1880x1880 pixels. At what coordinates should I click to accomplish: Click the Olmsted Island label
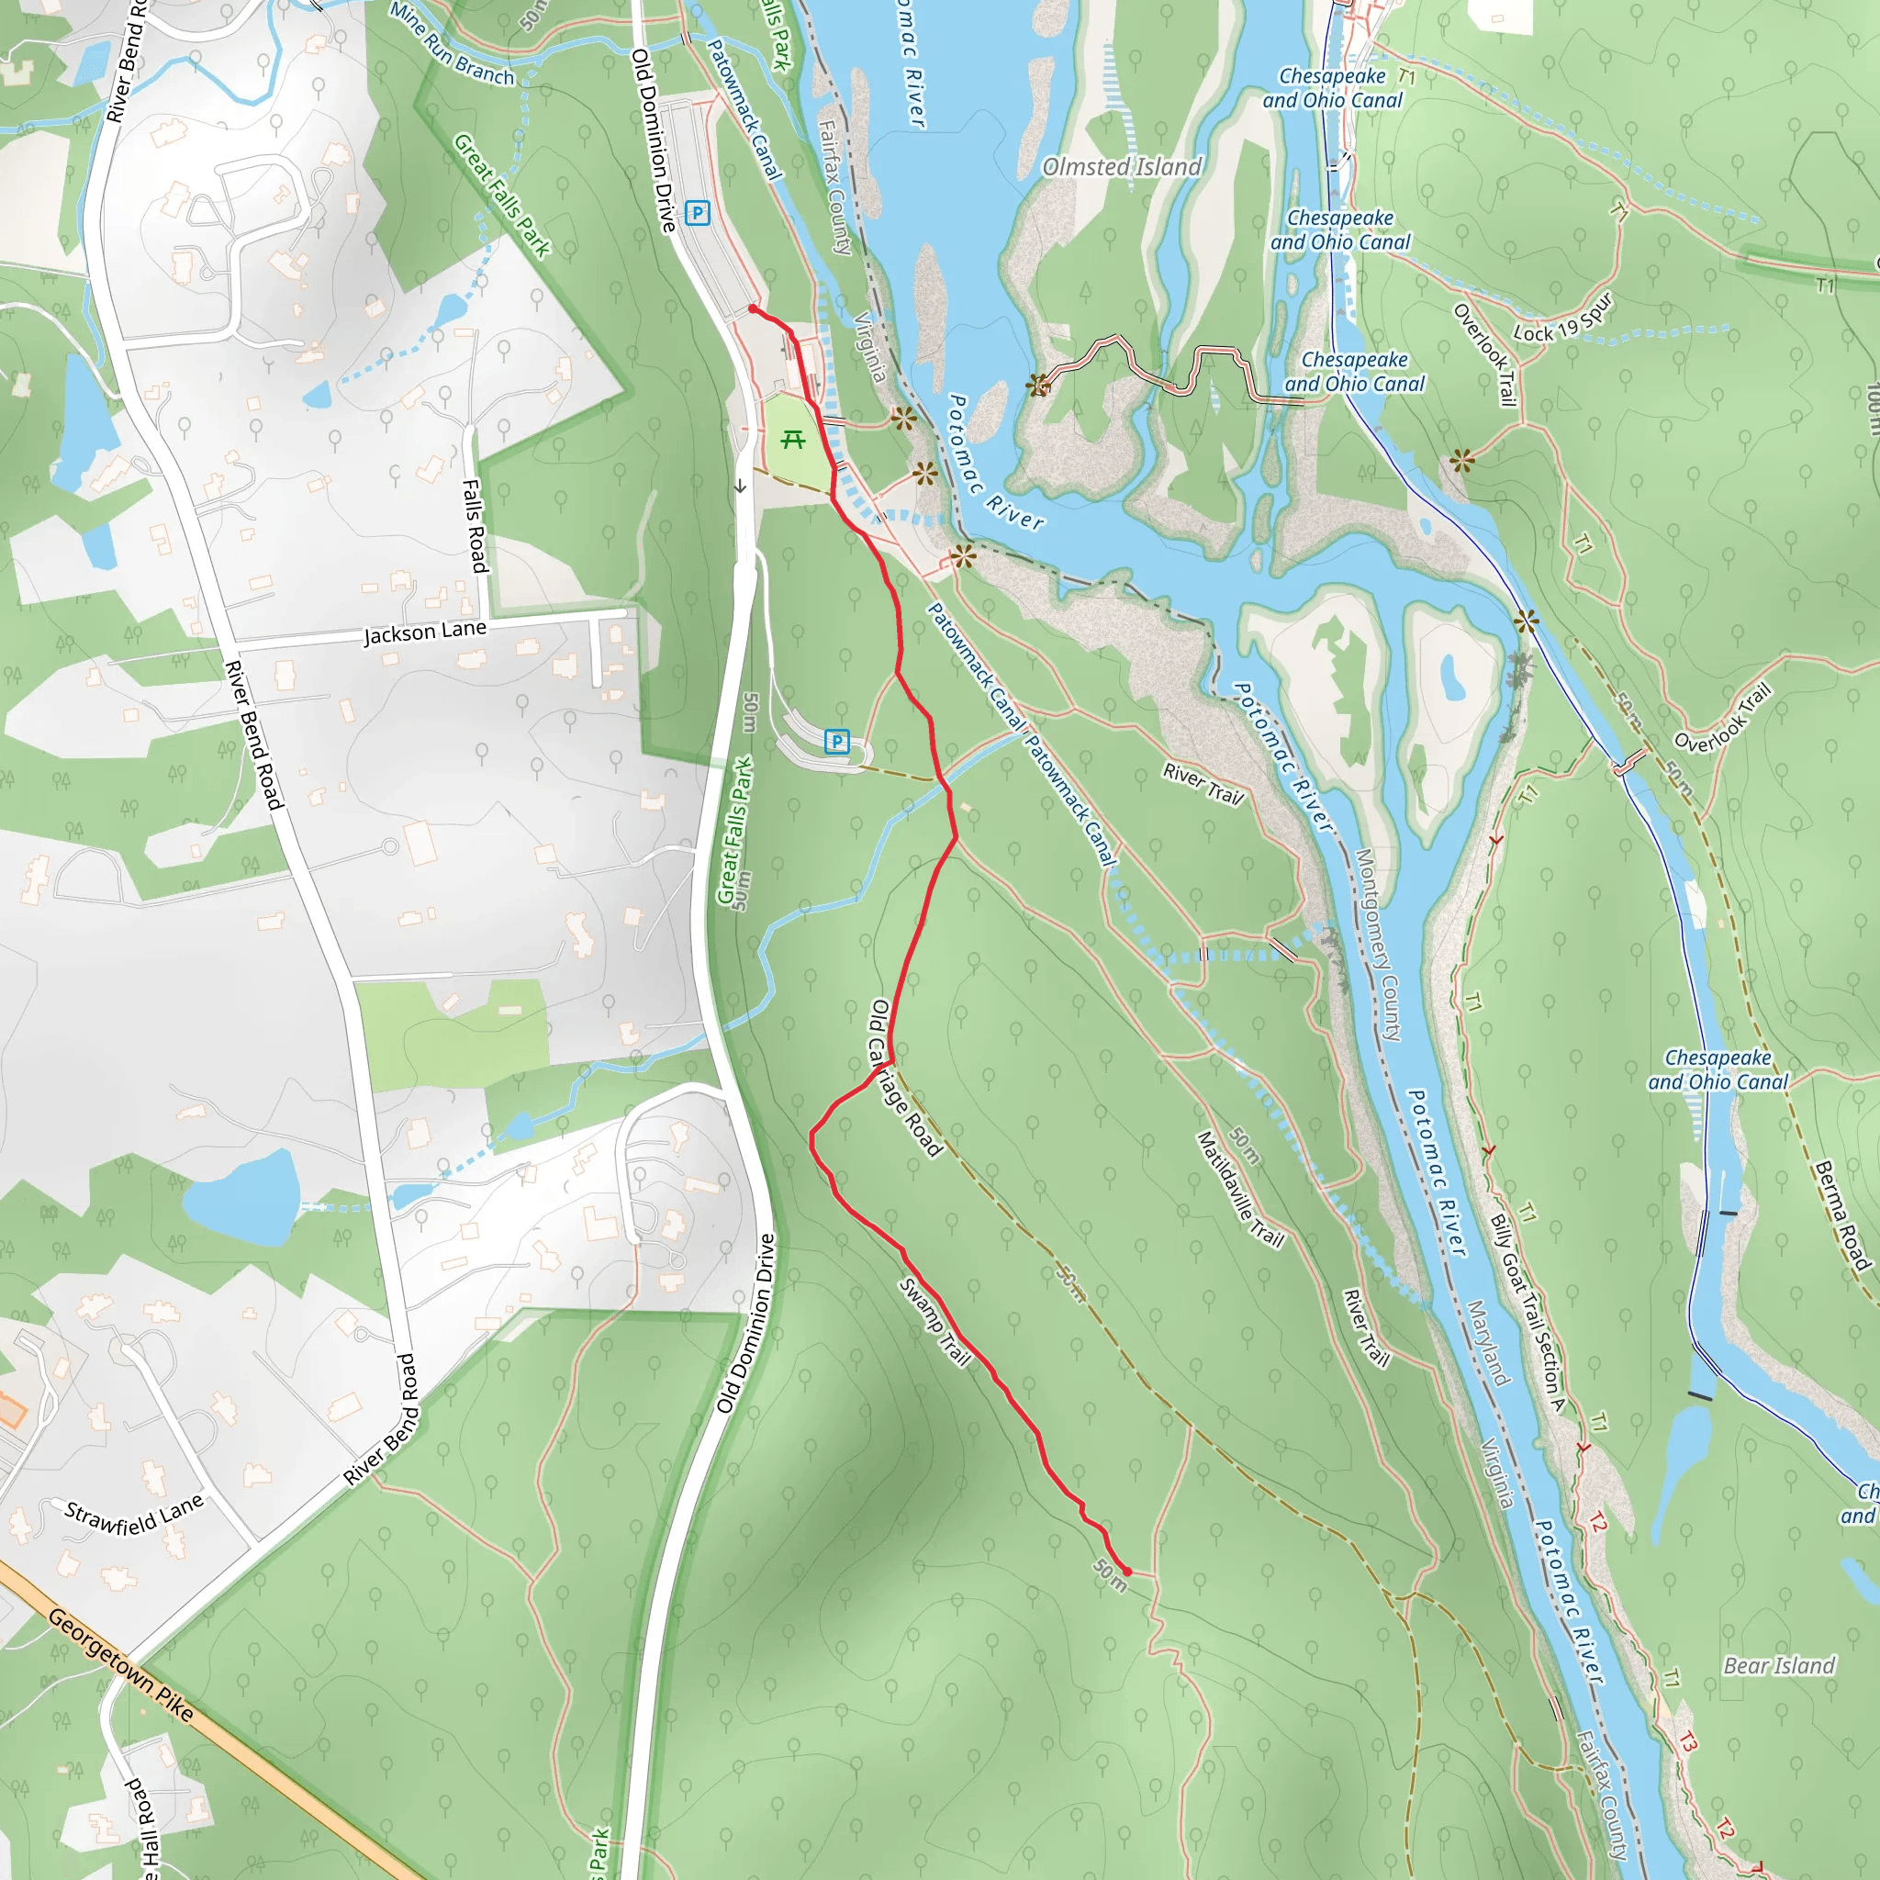(1122, 167)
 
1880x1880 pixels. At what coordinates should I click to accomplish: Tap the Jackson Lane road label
(424, 632)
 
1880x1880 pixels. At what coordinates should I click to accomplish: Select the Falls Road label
(474, 525)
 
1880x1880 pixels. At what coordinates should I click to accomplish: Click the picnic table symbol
(793, 440)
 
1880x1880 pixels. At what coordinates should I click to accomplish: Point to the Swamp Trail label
(934, 1322)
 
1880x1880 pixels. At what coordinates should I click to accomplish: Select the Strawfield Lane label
(134, 1515)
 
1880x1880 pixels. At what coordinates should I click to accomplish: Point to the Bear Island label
(1779, 1666)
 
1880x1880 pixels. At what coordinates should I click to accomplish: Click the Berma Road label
(1843, 1216)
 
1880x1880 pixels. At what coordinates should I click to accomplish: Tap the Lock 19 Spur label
(1563, 319)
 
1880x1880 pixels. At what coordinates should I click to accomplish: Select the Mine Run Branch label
(452, 44)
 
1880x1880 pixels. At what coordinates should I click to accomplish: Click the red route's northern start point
(752, 308)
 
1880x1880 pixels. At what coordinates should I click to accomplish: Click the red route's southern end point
(1128, 1572)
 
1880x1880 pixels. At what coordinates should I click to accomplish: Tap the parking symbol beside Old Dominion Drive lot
(697, 212)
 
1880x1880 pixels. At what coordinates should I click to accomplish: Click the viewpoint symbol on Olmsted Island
(1038, 386)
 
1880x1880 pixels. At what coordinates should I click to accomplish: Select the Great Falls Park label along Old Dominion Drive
(735, 830)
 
